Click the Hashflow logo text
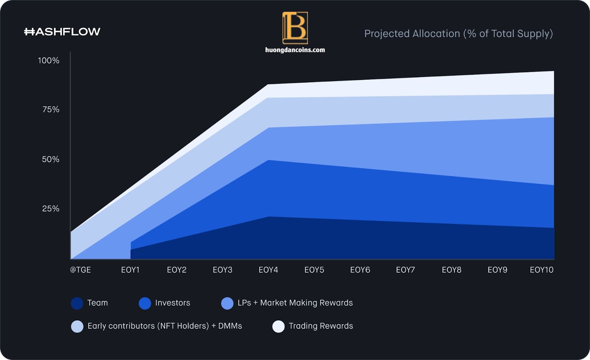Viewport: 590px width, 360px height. pos(62,32)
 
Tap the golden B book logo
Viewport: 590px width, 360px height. pos(295,28)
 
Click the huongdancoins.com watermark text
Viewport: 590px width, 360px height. pos(295,50)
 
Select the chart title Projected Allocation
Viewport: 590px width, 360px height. pos(459,34)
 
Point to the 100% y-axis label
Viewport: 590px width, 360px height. pos(49,60)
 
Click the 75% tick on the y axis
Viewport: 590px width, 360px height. pos(51,109)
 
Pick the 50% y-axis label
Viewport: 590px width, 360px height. pos(51,159)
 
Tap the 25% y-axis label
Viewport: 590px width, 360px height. pos(51,209)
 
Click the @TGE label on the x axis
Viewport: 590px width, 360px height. pos(81,270)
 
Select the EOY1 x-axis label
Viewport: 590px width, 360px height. pos(130,270)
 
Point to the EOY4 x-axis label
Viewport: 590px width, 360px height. pos(268,270)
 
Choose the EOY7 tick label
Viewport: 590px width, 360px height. pos(405,270)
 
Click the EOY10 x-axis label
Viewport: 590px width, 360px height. pos(542,270)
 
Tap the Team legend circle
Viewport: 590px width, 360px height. pos(77,303)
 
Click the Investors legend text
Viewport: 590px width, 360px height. pos(173,303)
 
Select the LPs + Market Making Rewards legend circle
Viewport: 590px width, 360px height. pos(227,303)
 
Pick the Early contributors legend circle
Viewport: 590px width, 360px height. pos(77,326)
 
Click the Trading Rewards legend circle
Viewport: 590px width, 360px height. pos(278,326)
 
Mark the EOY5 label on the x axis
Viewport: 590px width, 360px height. pos(314,270)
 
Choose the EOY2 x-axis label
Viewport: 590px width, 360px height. pos(177,270)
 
